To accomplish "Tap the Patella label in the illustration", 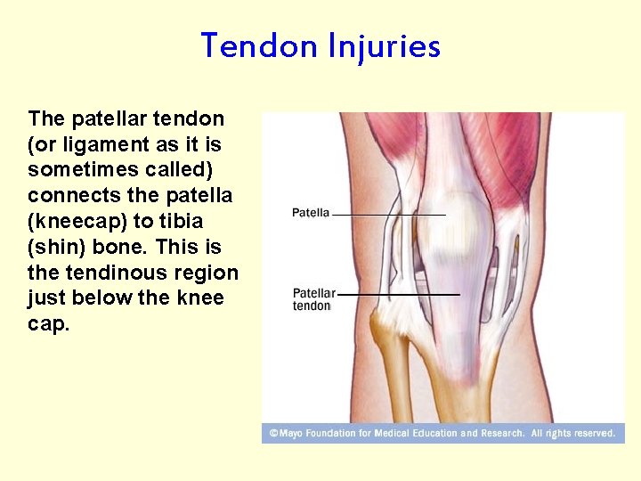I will click(x=311, y=213).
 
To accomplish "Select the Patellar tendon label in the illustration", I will click(x=313, y=299).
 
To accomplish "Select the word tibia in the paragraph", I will click(x=182, y=221).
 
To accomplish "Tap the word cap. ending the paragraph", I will click(x=48, y=324).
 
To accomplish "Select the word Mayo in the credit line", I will click(x=291, y=434).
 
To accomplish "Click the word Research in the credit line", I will click(x=503, y=434).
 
